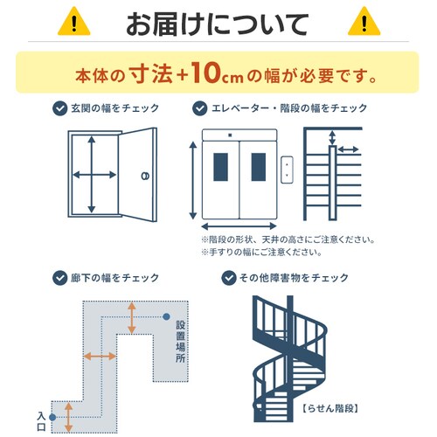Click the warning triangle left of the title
pyautogui.click(x=73, y=21)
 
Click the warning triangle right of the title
pyautogui.click(x=364, y=21)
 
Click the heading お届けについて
pyautogui.click(x=218, y=21)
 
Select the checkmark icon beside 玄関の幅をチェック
pyautogui.click(x=59, y=108)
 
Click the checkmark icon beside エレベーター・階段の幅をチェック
pyautogui.click(x=198, y=108)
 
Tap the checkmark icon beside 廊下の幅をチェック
pyautogui.click(x=59, y=278)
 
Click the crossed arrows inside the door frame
pyautogui.click(x=92, y=175)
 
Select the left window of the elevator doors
pyautogui.click(x=219, y=166)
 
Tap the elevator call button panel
pyautogui.click(x=286, y=170)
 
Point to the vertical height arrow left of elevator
pyautogui.click(x=192, y=179)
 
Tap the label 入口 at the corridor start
pyautogui.click(x=41, y=420)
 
